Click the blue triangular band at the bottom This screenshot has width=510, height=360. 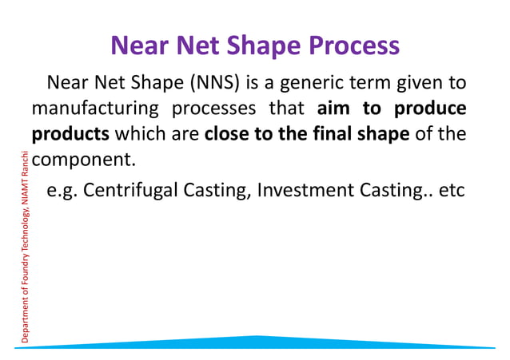256,342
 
